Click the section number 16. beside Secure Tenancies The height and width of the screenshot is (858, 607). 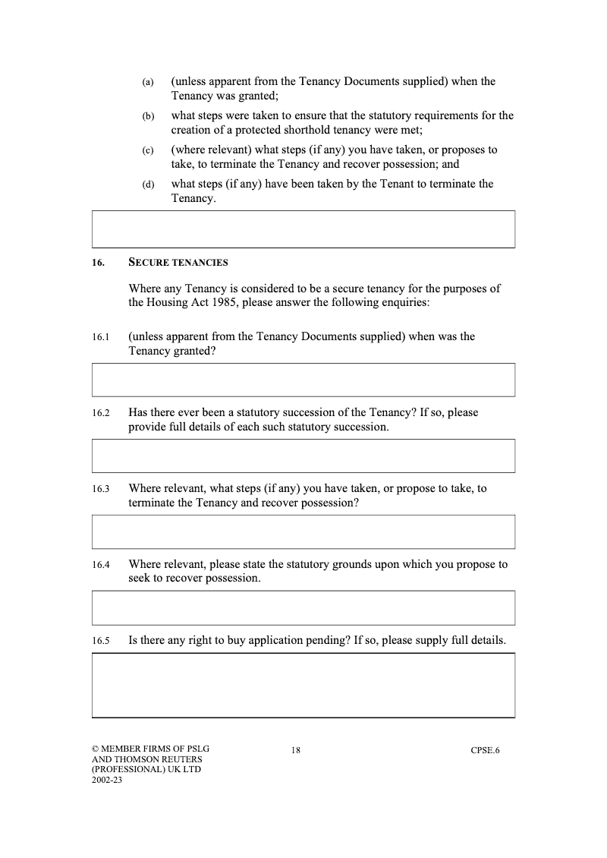(98, 263)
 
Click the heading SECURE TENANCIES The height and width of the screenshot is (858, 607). (178, 263)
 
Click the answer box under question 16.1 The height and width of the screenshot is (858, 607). (303, 380)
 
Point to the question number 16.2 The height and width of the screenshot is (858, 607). (101, 413)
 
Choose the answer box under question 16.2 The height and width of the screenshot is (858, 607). (303, 456)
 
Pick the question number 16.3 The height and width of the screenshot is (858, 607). (101, 489)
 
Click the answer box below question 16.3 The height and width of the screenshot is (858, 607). (303, 532)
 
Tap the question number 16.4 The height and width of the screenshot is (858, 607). (101, 565)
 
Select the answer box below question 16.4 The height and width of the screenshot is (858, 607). (303, 607)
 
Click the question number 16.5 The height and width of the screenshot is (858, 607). (101, 641)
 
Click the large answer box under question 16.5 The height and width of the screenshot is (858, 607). (303, 685)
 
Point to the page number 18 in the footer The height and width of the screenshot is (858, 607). (296, 751)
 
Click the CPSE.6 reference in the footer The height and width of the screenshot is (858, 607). (485, 751)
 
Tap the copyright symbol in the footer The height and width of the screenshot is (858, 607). (96, 750)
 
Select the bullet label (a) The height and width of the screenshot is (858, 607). (148, 82)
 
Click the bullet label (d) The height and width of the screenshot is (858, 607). (148, 185)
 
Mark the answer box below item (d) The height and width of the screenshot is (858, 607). (303, 229)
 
